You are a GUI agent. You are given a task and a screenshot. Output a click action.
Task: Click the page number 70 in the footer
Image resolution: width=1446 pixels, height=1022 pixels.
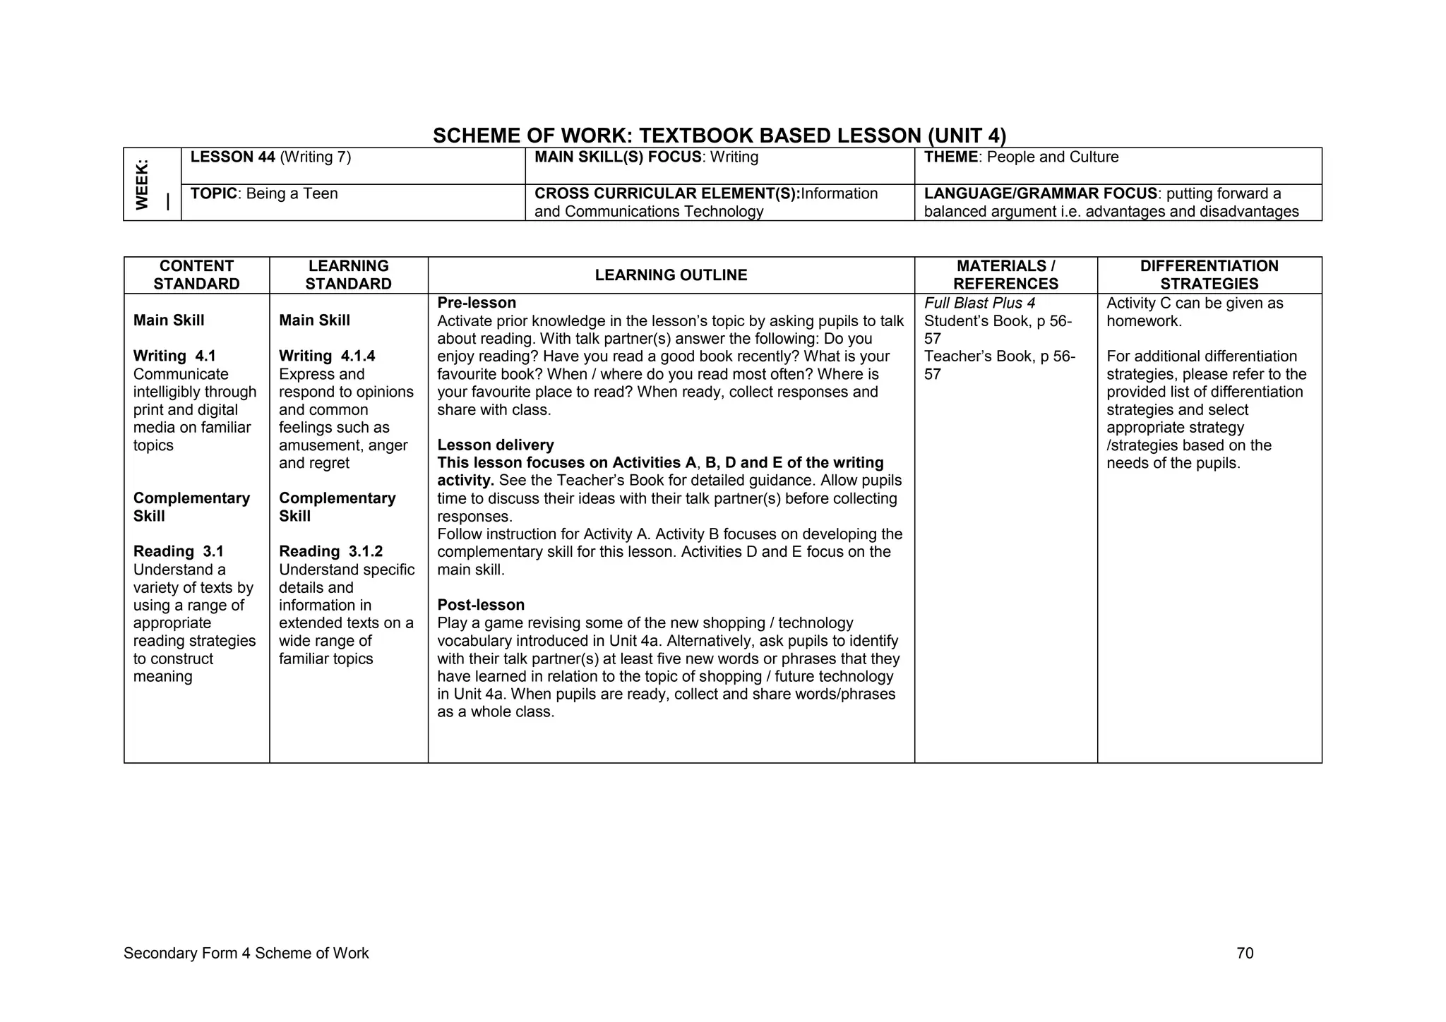tap(1245, 954)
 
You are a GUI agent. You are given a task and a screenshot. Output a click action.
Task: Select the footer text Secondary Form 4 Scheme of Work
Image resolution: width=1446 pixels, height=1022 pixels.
tap(246, 954)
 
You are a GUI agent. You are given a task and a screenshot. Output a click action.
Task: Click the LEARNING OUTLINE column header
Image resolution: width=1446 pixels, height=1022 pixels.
tap(671, 275)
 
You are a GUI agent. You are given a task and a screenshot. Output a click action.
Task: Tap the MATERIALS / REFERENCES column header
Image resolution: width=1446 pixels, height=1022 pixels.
tap(1005, 275)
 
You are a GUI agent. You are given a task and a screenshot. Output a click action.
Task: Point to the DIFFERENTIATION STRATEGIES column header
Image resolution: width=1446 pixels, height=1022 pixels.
tap(1209, 275)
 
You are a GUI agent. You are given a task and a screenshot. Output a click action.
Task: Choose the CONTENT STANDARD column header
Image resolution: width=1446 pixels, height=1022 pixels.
tap(196, 275)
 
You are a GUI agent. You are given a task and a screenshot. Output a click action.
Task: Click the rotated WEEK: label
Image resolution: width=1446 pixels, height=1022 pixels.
tap(143, 184)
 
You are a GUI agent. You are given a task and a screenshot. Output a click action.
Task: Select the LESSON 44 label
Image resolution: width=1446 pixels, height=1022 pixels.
tap(232, 157)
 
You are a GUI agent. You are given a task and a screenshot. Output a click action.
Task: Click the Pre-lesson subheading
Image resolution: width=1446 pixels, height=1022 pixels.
tap(477, 303)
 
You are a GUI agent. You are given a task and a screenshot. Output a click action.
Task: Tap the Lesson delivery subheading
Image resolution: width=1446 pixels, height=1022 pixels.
tap(495, 445)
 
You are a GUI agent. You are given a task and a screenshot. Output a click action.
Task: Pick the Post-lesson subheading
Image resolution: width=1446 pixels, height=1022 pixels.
tap(481, 605)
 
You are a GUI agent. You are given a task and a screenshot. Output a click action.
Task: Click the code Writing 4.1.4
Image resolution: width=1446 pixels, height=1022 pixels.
tap(327, 356)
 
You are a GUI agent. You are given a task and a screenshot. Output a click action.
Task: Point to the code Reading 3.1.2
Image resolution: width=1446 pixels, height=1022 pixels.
tap(330, 552)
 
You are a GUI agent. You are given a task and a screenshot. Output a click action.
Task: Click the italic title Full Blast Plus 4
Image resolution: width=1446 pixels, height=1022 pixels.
tap(979, 303)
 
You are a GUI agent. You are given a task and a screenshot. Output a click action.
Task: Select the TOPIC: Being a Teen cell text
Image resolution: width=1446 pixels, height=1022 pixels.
tap(264, 194)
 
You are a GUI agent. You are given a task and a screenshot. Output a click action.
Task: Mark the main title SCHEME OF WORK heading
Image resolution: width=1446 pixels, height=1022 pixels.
tap(719, 136)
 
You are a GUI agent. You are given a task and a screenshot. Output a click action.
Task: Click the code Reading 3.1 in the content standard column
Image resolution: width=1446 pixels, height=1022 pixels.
tap(178, 552)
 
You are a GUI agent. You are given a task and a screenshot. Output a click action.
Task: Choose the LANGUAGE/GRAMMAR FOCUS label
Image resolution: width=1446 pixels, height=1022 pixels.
tap(1040, 194)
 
